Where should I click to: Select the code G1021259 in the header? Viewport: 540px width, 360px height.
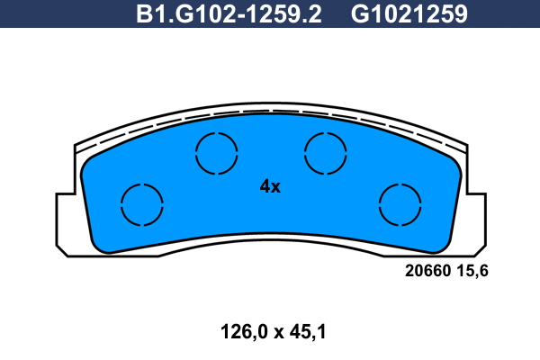(x=409, y=14)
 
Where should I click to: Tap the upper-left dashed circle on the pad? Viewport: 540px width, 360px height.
(x=217, y=152)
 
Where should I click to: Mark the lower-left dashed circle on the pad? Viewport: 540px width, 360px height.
(x=142, y=205)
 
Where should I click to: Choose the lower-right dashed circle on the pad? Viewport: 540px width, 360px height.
(x=400, y=204)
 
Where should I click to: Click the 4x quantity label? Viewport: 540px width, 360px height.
(x=270, y=187)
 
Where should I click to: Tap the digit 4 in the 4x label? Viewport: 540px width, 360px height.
(x=265, y=187)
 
